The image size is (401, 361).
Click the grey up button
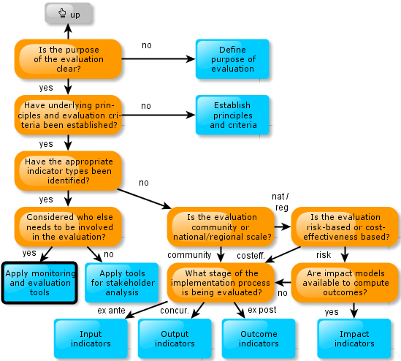[x=68, y=13]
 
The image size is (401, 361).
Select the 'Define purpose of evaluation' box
[x=232, y=59]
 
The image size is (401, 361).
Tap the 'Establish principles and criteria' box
[x=232, y=115]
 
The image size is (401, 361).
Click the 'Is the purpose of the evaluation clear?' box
[x=68, y=59]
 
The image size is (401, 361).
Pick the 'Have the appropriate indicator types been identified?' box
[x=68, y=171]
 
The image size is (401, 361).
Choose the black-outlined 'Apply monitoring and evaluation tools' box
[x=39, y=283]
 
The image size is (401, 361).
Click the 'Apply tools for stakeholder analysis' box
[x=122, y=283]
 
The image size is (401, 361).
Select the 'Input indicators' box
[x=91, y=338]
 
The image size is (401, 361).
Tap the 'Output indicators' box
[x=175, y=338]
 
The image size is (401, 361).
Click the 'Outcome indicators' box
[x=259, y=338]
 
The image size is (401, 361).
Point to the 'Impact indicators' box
[x=354, y=338]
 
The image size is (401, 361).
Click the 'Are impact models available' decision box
[x=345, y=283]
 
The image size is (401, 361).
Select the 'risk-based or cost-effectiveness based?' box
[x=345, y=227]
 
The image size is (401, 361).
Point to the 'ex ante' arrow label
[x=111, y=311]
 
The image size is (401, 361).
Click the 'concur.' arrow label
[x=175, y=311]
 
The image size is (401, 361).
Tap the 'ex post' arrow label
[x=262, y=310]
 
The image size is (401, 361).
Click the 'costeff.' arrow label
[x=251, y=256]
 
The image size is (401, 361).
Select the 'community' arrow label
[x=189, y=255]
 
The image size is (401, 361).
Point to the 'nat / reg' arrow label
[x=280, y=202]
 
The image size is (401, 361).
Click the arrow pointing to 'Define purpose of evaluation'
[x=159, y=59]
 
